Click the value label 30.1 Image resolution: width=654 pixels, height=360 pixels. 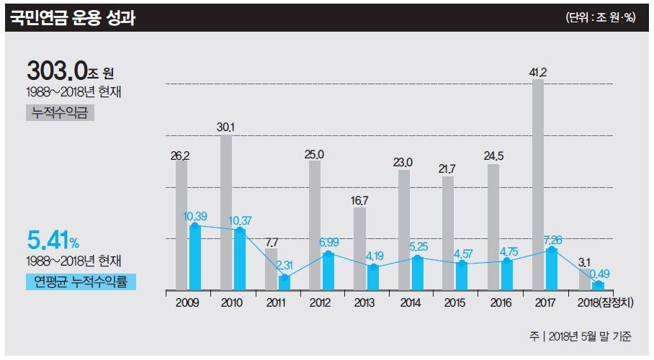[225, 127]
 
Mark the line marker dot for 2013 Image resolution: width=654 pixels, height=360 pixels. [373, 267]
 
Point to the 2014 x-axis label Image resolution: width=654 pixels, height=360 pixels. [411, 303]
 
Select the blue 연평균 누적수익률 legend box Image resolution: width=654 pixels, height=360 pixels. [80, 282]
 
